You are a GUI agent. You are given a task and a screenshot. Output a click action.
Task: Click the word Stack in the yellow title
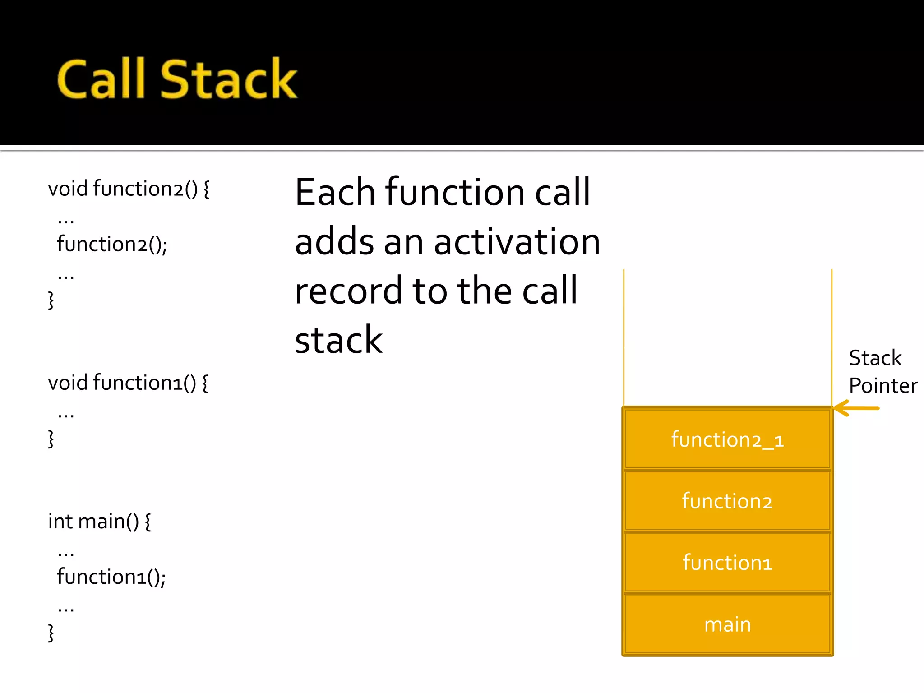tap(228, 79)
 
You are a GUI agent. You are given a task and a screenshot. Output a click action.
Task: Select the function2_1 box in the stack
tap(727, 439)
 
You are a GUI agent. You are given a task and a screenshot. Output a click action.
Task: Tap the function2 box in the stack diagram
tap(727, 501)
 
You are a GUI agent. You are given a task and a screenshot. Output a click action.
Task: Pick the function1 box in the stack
tap(727, 563)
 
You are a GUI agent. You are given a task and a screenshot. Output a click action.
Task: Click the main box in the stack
tap(727, 624)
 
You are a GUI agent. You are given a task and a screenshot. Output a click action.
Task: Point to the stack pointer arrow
tap(856, 408)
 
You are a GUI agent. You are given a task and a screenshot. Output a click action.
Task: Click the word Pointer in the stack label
tap(883, 386)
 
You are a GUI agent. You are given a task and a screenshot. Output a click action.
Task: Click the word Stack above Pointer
tap(875, 358)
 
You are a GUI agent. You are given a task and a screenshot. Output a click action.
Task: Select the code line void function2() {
tap(129, 189)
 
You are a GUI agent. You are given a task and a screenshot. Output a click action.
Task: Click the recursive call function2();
tap(112, 245)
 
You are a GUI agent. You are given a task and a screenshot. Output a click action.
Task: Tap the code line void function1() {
tap(128, 383)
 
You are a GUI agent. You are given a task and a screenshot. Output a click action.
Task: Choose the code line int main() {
tap(99, 522)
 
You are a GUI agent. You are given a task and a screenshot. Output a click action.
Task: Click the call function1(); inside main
tap(111, 577)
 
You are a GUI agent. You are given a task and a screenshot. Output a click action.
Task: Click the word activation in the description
tap(517, 242)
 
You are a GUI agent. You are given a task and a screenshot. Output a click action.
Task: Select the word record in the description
tap(347, 291)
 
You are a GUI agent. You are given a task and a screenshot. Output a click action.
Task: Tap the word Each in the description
tap(335, 193)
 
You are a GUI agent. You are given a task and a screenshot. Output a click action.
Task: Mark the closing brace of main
tap(51, 633)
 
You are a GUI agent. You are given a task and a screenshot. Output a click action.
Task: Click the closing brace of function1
tap(51, 439)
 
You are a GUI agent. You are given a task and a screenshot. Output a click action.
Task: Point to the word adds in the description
tap(334, 242)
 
